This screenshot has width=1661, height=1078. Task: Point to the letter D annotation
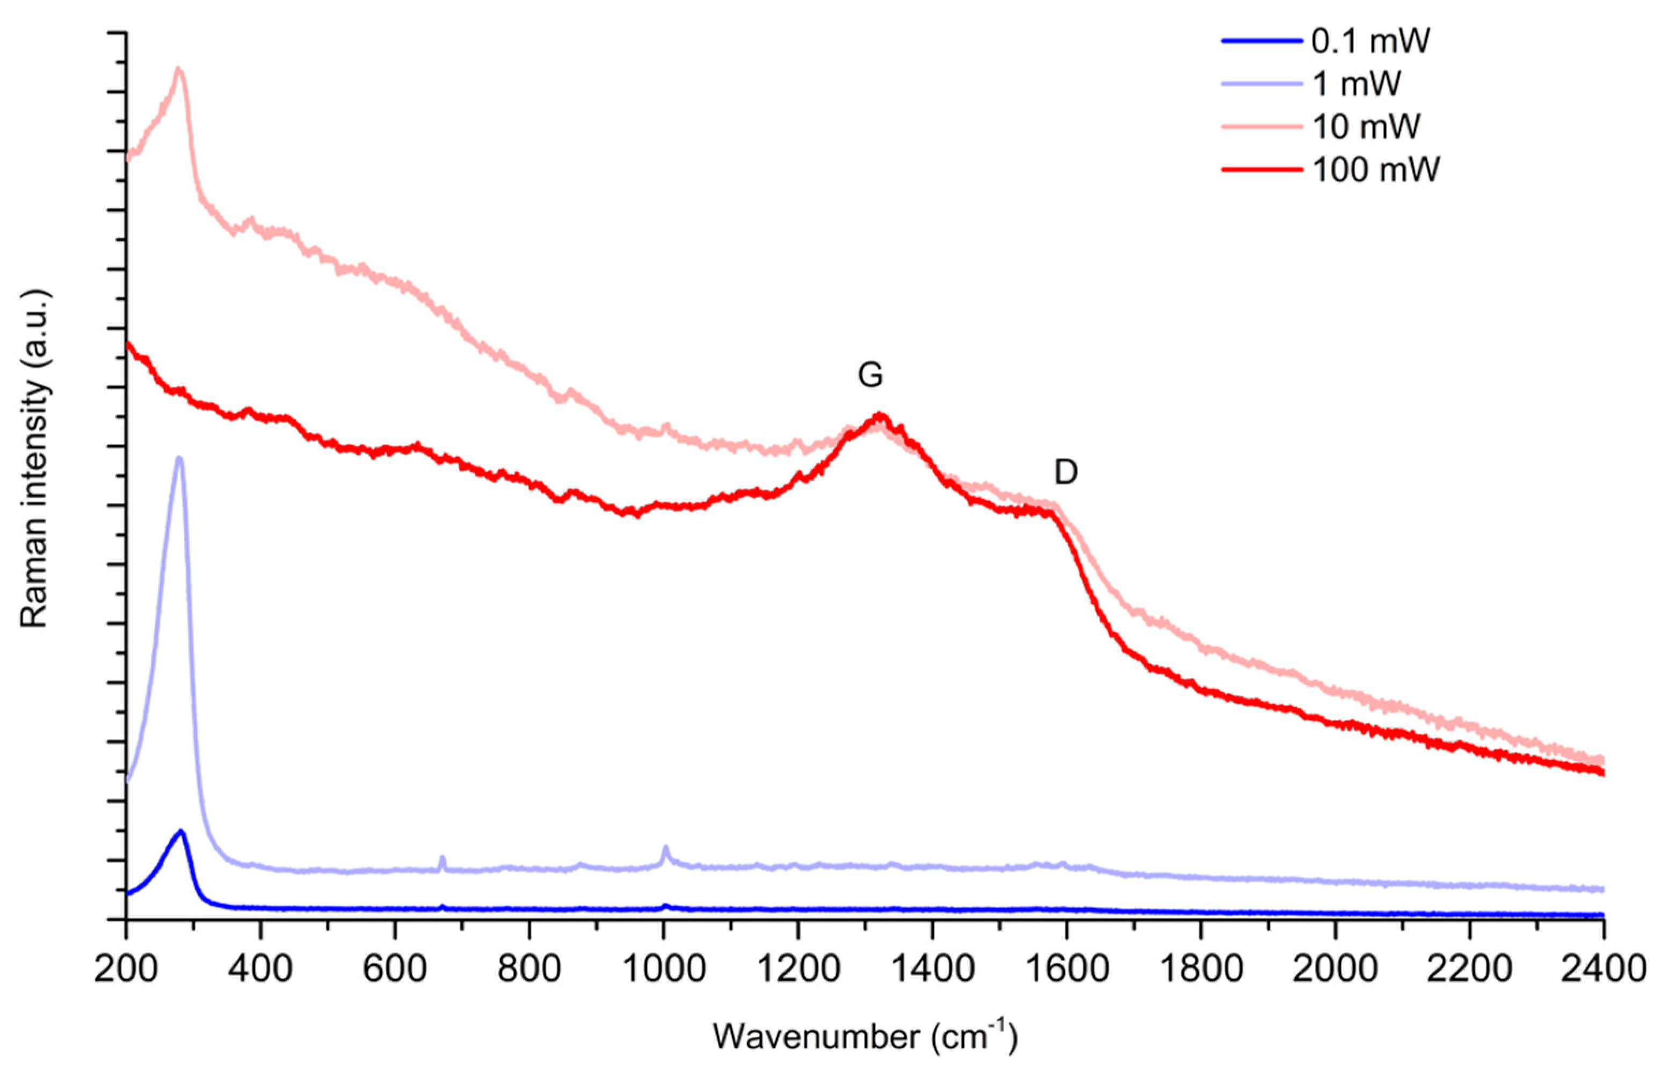pos(1065,474)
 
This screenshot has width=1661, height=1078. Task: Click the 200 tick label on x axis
pos(126,971)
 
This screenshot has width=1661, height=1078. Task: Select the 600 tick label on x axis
pos(395,971)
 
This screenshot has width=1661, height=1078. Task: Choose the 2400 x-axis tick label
pos(1603,971)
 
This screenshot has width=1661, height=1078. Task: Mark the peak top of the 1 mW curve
pos(179,458)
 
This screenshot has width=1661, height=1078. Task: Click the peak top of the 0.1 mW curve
pos(182,831)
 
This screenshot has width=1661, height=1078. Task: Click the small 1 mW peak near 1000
pos(665,848)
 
